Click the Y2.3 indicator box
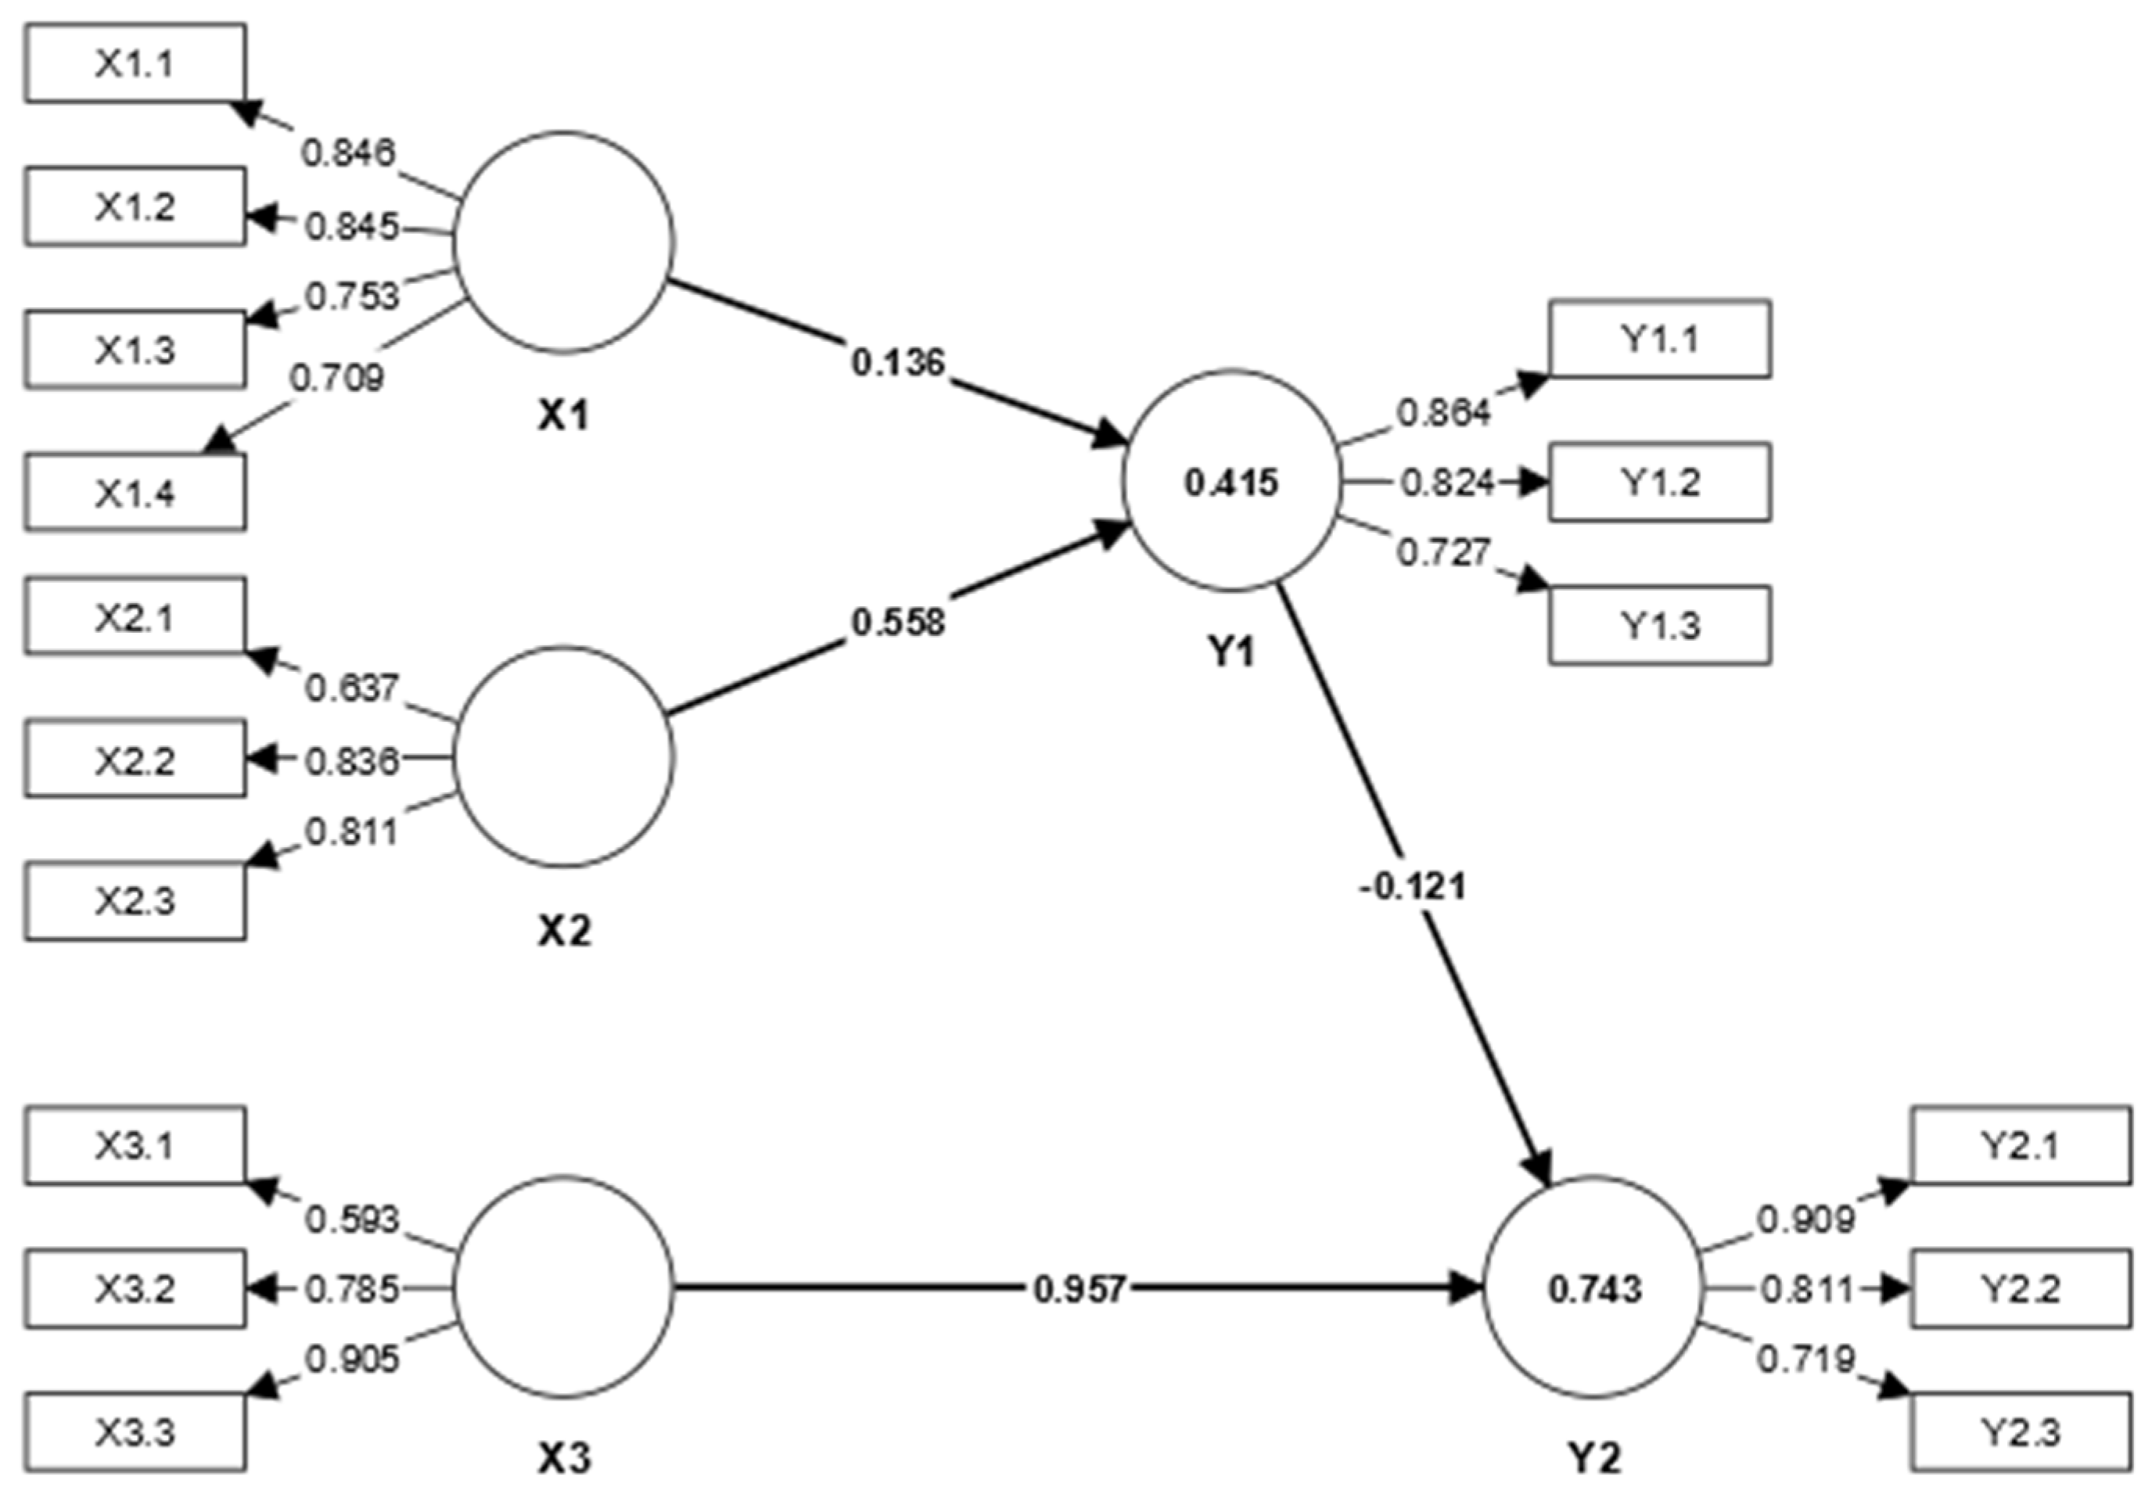tap(2020, 1432)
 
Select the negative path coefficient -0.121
tap(1411, 885)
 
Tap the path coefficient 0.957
tap(1080, 1290)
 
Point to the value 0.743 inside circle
tap(1594, 1290)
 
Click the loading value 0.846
tap(349, 152)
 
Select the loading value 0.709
tap(337, 378)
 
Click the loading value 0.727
tap(1443, 552)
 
